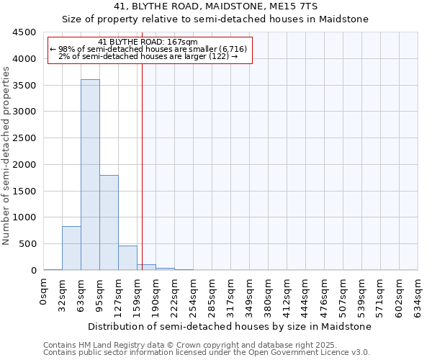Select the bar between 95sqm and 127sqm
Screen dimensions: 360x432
point(109,222)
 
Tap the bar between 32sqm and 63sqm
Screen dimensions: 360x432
point(71,248)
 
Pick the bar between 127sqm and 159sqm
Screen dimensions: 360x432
point(127,258)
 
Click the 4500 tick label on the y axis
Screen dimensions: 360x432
point(24,32)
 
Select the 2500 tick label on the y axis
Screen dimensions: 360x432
point(24,138)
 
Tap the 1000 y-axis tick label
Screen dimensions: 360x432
point(24,217)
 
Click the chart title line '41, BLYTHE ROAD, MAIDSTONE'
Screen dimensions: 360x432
point(215,6)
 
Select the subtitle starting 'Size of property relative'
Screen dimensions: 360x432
point(215,19)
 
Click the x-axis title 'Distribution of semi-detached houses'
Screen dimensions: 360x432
point(230,326)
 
